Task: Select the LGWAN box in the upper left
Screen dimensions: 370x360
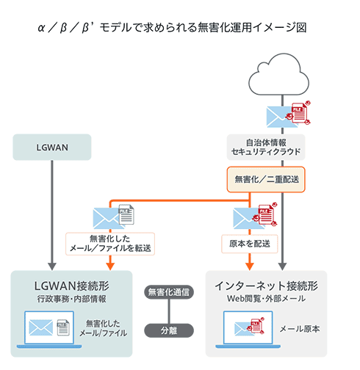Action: click(51, 148)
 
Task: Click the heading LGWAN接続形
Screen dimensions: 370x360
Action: click(71, 286)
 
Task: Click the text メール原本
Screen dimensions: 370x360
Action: click(300, 329)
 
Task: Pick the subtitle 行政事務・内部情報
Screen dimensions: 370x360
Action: click(71, 299)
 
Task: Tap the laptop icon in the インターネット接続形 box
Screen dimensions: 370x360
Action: click(246, 327)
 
